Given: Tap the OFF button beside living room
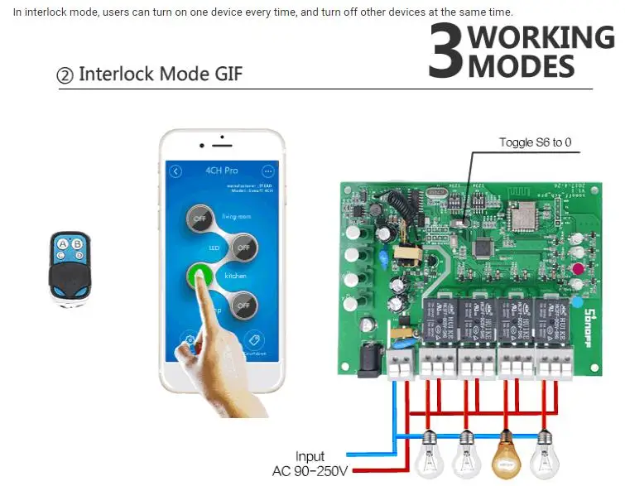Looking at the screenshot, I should click(x=200, y=219).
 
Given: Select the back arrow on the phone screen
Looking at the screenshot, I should click(x=175, y=171).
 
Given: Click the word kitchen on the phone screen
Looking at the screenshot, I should click(x=236, y=275).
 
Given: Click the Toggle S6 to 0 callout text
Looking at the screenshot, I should click(x=535, y=142).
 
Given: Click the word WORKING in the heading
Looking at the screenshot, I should click(x=542, y=37).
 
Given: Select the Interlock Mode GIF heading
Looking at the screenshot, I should click(x=150, y=75).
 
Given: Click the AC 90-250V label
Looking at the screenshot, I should click(x=310, y=472).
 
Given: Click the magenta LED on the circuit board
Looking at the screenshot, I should click(x=578, y=269).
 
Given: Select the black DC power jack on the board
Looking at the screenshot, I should click(x=369, y=362).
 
